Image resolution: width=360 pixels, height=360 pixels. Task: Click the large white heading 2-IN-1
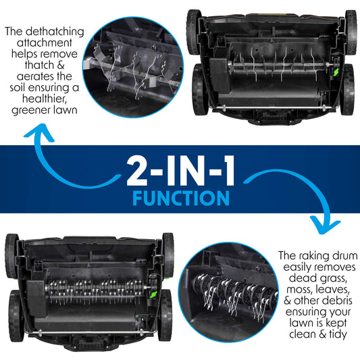coord(180,171)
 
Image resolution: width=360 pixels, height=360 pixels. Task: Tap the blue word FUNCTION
coord(181,199)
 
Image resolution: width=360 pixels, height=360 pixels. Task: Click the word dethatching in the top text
coord(55,32)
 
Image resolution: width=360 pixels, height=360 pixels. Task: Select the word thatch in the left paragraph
coord(38,66)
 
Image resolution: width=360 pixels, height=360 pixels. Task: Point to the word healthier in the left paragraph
coord(44,99)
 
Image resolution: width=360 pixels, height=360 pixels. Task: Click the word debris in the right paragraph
coord(337,301)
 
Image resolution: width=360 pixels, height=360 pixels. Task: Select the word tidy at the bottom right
coord(338,335)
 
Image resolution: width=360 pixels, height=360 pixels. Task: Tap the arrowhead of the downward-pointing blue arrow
coord(325,226)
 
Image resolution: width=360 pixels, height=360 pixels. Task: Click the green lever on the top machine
coord(336,72)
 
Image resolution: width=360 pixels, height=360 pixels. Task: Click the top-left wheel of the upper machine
coord(193,32)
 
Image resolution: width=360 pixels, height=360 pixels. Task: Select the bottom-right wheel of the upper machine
coord(349,90)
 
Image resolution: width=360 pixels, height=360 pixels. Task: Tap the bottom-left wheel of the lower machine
coord(16,316)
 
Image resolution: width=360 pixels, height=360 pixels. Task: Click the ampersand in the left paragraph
coord(60,66)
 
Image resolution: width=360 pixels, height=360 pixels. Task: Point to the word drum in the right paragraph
coord(346,256)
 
